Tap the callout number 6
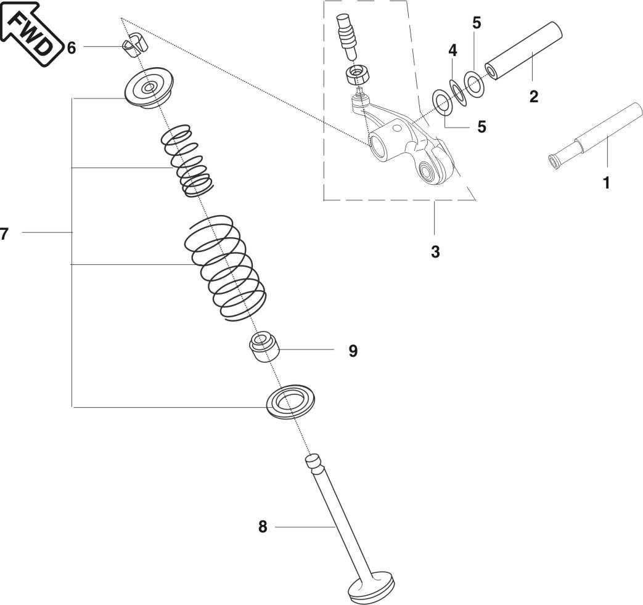(72, 47)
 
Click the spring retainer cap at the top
(149, 90)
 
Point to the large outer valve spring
(225, 267)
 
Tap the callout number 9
(353, 351)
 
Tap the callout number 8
(263, 527)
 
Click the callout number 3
(435, 252)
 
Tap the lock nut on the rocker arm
(357, 76)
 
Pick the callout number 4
(453, 51)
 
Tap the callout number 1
(607, 182)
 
